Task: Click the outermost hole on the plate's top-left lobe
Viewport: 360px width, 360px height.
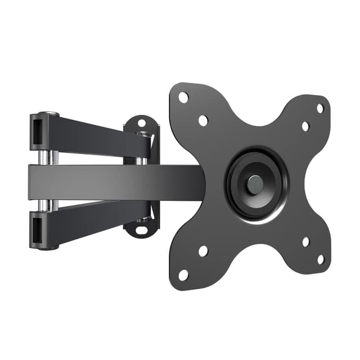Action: coord(183,97)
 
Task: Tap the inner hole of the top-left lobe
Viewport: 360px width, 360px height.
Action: coord(203,120)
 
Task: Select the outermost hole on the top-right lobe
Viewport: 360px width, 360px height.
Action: coord(320,108)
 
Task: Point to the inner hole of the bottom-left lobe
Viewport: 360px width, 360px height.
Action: coord(203,251)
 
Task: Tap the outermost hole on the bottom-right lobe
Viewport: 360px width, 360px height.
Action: coord(320,259)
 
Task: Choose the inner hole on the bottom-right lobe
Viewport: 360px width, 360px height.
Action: coord(305,242)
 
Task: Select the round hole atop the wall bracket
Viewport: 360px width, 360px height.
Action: coord(142,122)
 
